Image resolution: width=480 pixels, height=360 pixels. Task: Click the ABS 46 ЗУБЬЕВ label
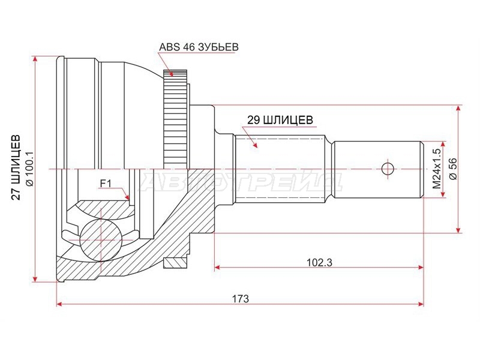click(x=199, y=47)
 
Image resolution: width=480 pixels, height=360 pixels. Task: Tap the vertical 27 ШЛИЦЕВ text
click(x=16, y=167)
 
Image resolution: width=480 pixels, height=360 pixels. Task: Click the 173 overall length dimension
click(x=241, y=298)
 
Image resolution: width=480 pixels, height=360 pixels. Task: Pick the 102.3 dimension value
click(x=319, y=262)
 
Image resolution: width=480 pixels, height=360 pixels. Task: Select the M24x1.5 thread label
click(x=436, y=169)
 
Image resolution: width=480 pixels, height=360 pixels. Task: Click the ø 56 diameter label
click(x=453, y=169)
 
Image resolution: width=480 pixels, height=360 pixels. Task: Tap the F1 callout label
click(x=106, y=183)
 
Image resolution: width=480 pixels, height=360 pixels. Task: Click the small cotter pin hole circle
click(x=388, y=169)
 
